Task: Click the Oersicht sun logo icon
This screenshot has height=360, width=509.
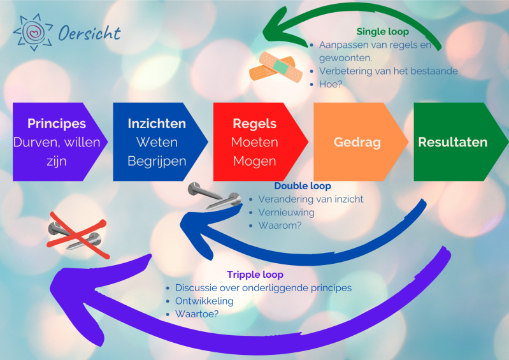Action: tap(32, 32)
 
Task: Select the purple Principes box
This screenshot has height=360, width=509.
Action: tap(57, 142)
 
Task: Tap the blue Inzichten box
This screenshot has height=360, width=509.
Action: tap(157, 142)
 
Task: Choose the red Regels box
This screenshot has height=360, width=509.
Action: tap(255, 142)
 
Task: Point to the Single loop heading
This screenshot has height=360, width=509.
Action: tap(382, 31)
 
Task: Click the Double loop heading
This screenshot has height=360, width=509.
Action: tap(302, 186)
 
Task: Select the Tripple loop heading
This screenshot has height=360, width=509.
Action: tap(255, 275)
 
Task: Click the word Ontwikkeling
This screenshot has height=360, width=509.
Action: tap(204, 301)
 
